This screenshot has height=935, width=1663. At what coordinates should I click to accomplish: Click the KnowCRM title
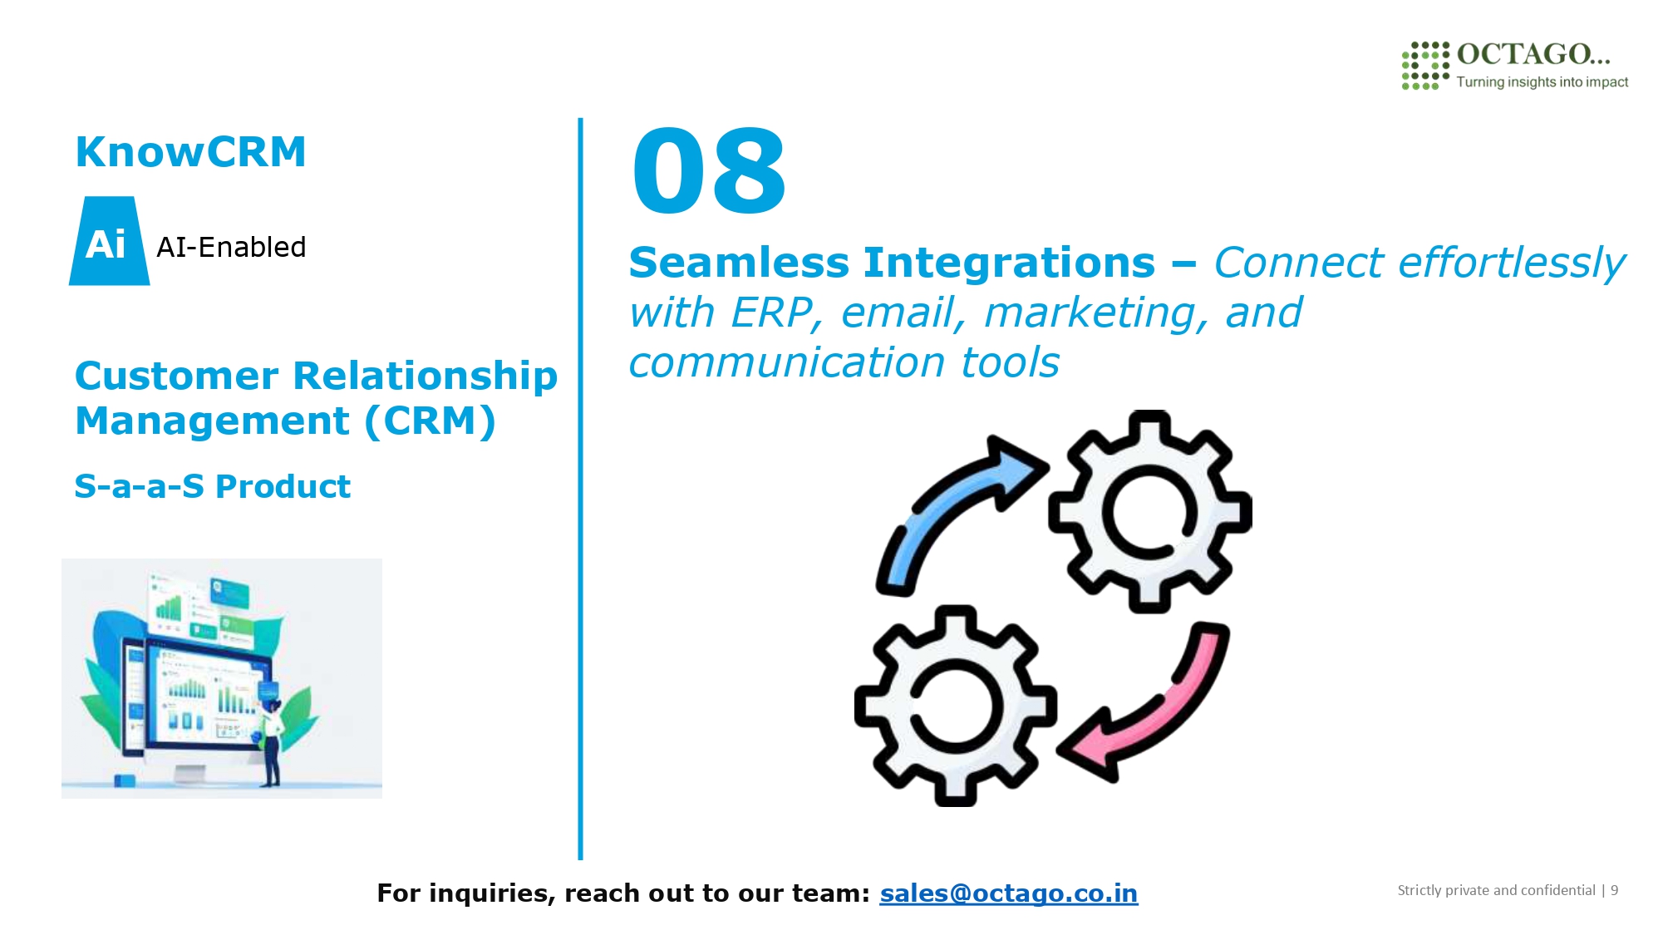[191, 152]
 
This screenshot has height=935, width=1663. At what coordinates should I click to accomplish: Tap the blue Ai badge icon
[109, 241]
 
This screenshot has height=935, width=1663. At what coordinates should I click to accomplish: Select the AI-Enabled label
[231, 247]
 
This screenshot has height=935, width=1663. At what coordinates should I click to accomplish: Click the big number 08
[708, 171]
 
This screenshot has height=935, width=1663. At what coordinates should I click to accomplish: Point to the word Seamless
[740, 263]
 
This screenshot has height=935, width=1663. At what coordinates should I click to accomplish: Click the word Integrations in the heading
[1010, 264]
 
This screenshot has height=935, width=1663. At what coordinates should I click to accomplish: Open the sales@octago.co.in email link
[1009, 893]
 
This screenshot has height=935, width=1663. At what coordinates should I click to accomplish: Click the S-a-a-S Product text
[213, 486]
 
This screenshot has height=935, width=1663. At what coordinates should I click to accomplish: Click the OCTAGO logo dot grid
[1425, 65]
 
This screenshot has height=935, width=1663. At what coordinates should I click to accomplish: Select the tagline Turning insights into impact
[1542, 81]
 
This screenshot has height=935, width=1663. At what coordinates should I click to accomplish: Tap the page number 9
[1614, 890]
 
